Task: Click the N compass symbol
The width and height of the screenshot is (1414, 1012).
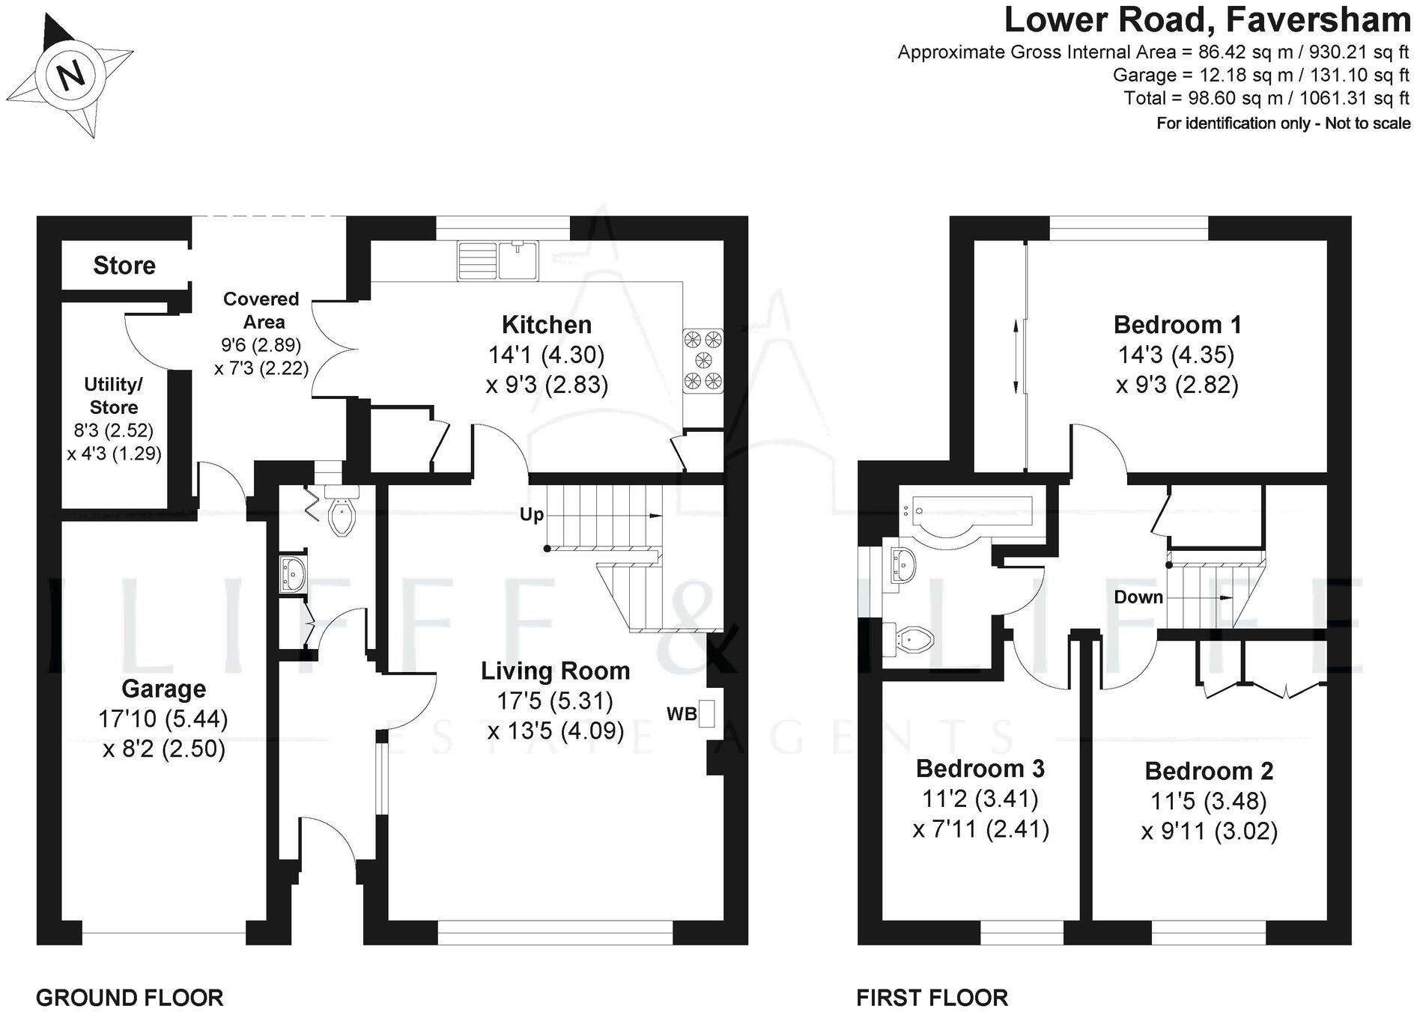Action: click(x=72, y=76)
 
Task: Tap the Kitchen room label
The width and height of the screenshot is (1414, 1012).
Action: click(x=546, y=325)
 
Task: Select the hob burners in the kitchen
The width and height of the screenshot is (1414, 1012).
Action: click(x=703, y=360)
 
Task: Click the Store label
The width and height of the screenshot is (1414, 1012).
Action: click(x=124, y=266)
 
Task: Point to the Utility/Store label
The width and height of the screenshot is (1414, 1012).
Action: click(x=114, y=396)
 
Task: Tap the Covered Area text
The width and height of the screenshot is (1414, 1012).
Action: click(x=261, y=311)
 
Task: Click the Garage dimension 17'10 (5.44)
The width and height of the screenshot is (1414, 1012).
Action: click(x=163, y=719)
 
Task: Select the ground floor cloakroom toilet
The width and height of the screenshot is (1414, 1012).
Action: click(x=342, y=513)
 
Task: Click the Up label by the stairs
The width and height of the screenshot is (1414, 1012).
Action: click(x=532, y=515)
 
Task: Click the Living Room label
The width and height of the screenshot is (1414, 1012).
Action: click(x=555, y=671)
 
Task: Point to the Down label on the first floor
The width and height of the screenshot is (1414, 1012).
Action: click(x=1138, y=597)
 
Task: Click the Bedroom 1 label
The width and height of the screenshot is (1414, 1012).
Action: click(x=1177, y=325)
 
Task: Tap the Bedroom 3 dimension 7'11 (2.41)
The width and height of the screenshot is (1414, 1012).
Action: click(x=981, y=829)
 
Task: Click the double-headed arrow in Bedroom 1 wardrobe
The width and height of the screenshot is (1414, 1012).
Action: click(x=1016, y=356)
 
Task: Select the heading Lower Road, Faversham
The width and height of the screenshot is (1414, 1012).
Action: click(x=1207, y=20)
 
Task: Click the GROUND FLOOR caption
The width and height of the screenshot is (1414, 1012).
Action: click(x=130, y=998)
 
